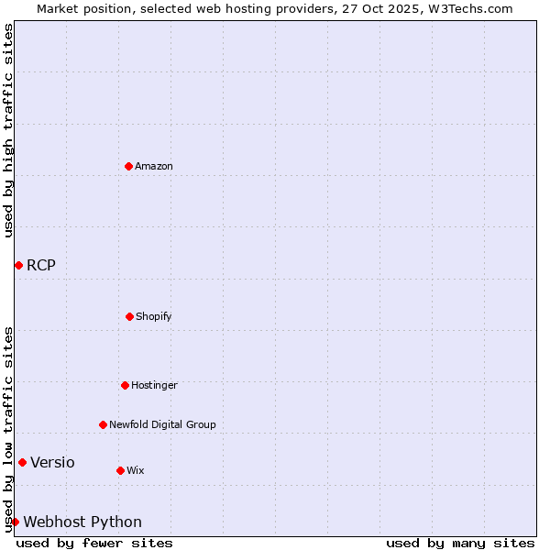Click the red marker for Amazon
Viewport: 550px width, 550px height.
coord(128,166)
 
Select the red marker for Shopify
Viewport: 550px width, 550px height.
coord(129,316)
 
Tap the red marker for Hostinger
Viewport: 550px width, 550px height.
coord(125,385)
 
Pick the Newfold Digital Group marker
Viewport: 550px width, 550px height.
coord(103,424)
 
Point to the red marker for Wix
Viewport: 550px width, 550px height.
coord(120,470)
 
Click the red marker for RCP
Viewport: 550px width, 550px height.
coord(18,265)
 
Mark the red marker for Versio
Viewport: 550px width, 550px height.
coord(22,462)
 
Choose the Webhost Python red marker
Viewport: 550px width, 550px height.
coord(15,522)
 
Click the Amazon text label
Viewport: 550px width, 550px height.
coord(154,166)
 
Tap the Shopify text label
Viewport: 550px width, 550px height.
coord(154,316)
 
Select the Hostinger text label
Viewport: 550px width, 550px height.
coord(154,385)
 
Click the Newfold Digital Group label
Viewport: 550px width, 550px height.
coord(162,424)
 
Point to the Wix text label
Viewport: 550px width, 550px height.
coord(136,470)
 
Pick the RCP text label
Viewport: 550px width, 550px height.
coord(41,266)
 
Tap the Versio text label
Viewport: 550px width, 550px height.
coord(52,463)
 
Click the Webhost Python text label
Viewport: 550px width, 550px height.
coord(82,522)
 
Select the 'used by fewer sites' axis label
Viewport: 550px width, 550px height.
coord(94,543)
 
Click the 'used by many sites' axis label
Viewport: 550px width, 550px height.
coord(460,543)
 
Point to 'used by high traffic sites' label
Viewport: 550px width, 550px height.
coord(8,130)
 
